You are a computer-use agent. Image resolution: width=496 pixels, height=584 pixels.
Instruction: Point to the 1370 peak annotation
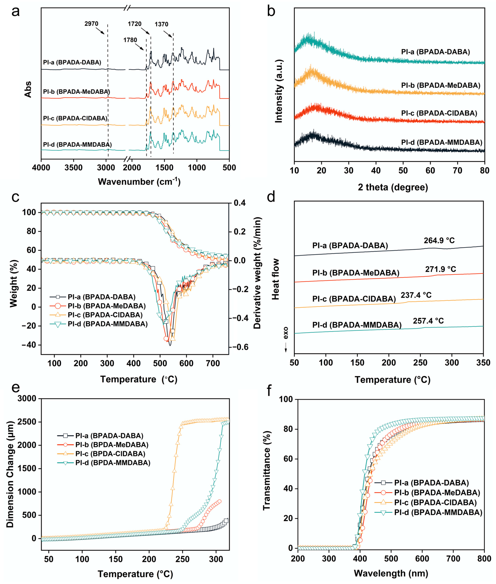161,24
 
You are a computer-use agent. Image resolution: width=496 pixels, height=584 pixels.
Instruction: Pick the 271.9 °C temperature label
440,269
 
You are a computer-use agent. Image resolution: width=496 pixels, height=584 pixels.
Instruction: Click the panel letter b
271,11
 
